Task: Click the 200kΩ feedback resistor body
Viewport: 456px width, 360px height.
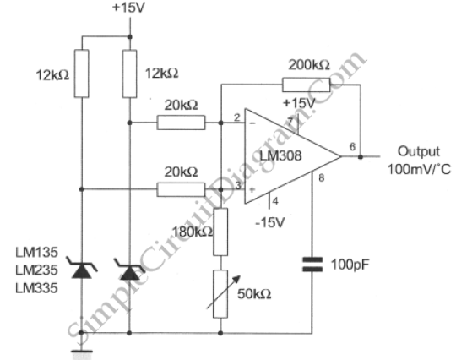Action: point(306,85)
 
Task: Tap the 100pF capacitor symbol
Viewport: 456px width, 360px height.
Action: point(312,265)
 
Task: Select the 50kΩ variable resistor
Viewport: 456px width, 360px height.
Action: point(220,293)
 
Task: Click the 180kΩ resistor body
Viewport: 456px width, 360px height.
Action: point(220,232)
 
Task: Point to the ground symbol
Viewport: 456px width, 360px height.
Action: point(82,352)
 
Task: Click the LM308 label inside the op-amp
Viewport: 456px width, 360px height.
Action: point(280,155)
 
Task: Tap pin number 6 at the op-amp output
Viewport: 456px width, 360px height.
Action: point(352,147)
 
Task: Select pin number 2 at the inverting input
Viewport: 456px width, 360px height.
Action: point(237,117)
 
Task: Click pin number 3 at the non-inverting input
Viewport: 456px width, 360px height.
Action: point(238,185)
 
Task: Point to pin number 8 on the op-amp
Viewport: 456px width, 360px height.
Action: point(322,177)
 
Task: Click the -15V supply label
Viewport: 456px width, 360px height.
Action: point(270,222)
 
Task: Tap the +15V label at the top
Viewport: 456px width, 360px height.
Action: point(128,8)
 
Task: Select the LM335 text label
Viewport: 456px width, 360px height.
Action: point(36,288)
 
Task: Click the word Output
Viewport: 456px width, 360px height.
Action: point(419,151)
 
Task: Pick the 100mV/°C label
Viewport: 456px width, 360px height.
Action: point(419,169)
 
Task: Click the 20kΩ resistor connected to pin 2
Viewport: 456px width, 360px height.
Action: point(181,123)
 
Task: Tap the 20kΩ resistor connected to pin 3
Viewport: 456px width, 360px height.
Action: point(181,189)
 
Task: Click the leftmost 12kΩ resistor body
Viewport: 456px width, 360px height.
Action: point(81,74)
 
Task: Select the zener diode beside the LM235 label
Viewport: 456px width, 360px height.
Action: point(81,268)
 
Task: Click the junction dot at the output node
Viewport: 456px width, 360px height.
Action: point(361,156)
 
